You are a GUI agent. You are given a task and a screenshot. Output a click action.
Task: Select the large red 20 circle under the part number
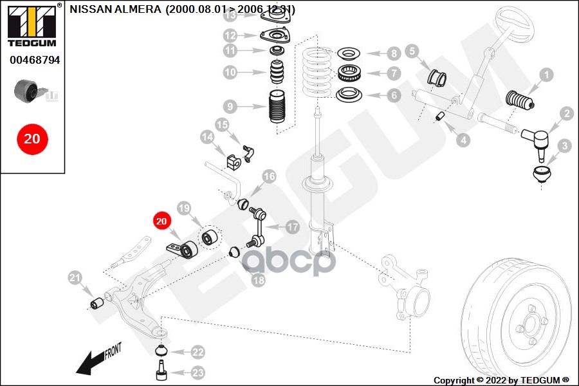tap(32, 138)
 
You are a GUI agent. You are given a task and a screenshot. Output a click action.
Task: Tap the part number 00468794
tap(35, 60)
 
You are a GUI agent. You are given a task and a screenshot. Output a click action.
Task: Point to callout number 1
tap(546, 75)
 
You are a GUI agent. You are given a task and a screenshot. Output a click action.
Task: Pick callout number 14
tap(207, 137)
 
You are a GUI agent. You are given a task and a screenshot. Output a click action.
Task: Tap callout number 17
tap(293, 226)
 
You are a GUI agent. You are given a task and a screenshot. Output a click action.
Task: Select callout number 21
tap(75, 278)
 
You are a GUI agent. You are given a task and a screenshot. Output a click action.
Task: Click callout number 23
tap(198, 372)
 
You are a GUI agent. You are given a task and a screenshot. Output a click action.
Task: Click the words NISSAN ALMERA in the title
tap(116, 10)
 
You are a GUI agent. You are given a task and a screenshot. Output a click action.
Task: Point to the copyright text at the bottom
tap(501, 380)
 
